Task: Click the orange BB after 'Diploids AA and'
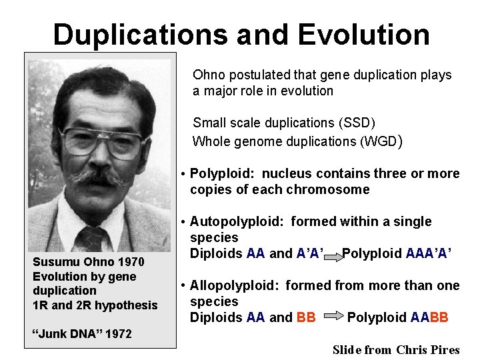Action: (306, 318)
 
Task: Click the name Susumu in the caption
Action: (55, 262)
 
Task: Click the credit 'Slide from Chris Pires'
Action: (396, 350)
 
